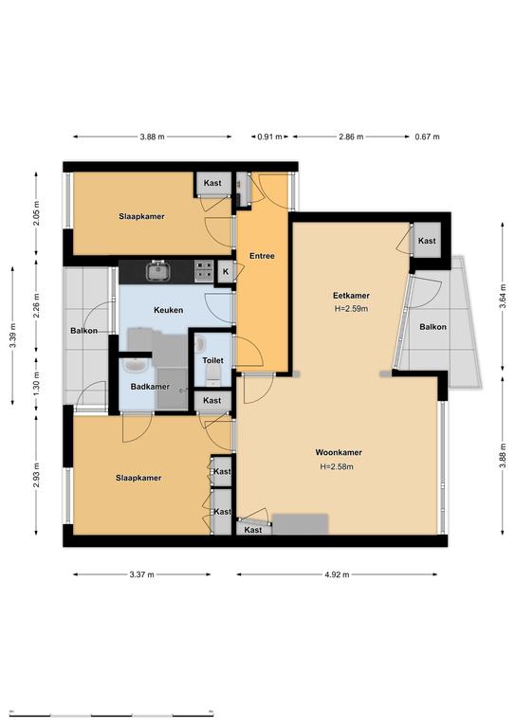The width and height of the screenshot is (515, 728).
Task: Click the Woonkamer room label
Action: coord(339,452)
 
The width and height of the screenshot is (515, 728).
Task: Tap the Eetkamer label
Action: coord(351,296)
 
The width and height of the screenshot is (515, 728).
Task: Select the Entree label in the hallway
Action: coord(262,256)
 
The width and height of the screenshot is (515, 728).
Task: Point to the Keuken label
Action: coord(169,310)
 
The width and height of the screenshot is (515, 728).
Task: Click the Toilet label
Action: coord(212,360)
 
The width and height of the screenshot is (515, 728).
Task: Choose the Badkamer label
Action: coord(150,387)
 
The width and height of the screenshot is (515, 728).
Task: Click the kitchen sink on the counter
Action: coord(158,271)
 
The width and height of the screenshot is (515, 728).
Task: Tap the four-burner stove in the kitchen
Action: coord(204,271)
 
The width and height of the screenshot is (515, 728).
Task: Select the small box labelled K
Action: coord(226,271)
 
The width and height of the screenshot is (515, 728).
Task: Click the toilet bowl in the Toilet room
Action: coord(213,373)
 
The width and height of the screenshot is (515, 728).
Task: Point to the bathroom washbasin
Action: coord(135,365)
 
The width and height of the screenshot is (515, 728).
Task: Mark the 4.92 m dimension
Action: coord(337,574)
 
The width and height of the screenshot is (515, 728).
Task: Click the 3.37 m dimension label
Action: coord(141,574)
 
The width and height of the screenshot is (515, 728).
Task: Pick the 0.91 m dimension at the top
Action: coord(269,136)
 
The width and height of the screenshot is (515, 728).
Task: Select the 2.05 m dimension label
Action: coord(37,213)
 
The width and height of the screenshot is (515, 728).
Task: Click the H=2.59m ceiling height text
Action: coord(351,308)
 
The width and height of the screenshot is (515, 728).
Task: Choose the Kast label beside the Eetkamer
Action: coord(427,241)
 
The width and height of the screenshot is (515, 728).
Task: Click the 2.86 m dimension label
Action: coord(351,136)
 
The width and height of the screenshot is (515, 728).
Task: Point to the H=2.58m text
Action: coord(337,466)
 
